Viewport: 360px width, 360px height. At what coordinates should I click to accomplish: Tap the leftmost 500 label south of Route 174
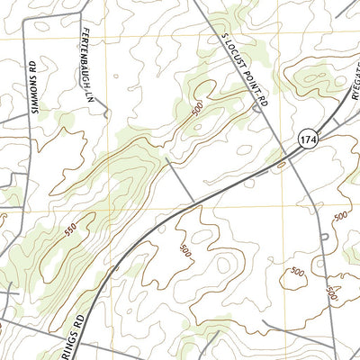[x=184, y=248]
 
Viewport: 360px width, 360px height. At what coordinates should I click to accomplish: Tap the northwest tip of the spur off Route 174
[x=168, y=160]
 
